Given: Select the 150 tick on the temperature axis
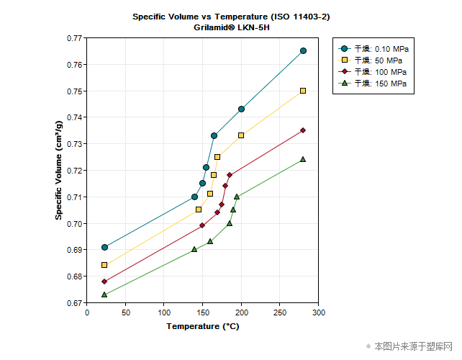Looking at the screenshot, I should (x=203, y=312).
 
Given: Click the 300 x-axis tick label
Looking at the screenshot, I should (x=319, y=312).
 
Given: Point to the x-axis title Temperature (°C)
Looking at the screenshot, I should (x=203, y=326).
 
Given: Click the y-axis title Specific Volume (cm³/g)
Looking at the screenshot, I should (x=59, y=171).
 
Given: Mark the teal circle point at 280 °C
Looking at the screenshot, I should (x=303, y=50).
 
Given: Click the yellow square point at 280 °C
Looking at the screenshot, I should (x=303, y=91).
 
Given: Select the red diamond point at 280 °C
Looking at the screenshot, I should (x=303, y=130).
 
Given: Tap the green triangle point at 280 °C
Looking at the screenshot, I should (x=303, y=159).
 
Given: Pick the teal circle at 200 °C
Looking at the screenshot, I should (x=241, y=109).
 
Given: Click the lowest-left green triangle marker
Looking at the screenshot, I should (x=104, y=294).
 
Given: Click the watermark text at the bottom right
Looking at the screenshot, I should (x=409, y=346).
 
